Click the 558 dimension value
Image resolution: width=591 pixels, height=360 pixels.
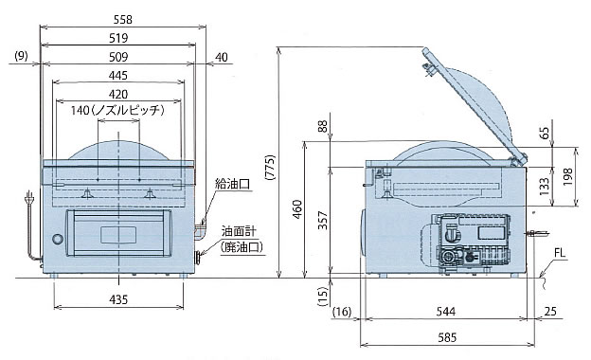123,20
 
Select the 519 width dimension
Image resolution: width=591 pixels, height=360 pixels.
118,38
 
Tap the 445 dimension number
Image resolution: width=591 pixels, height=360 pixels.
118,76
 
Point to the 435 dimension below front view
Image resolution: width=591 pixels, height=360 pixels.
118,299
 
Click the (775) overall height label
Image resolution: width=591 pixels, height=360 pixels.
270,167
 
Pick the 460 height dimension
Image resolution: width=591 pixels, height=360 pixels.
297,209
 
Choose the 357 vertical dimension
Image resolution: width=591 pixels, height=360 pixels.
323,220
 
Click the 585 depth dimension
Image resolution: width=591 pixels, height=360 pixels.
447,337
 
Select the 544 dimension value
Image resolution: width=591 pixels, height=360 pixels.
446,312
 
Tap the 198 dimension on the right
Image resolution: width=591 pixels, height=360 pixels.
567,176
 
